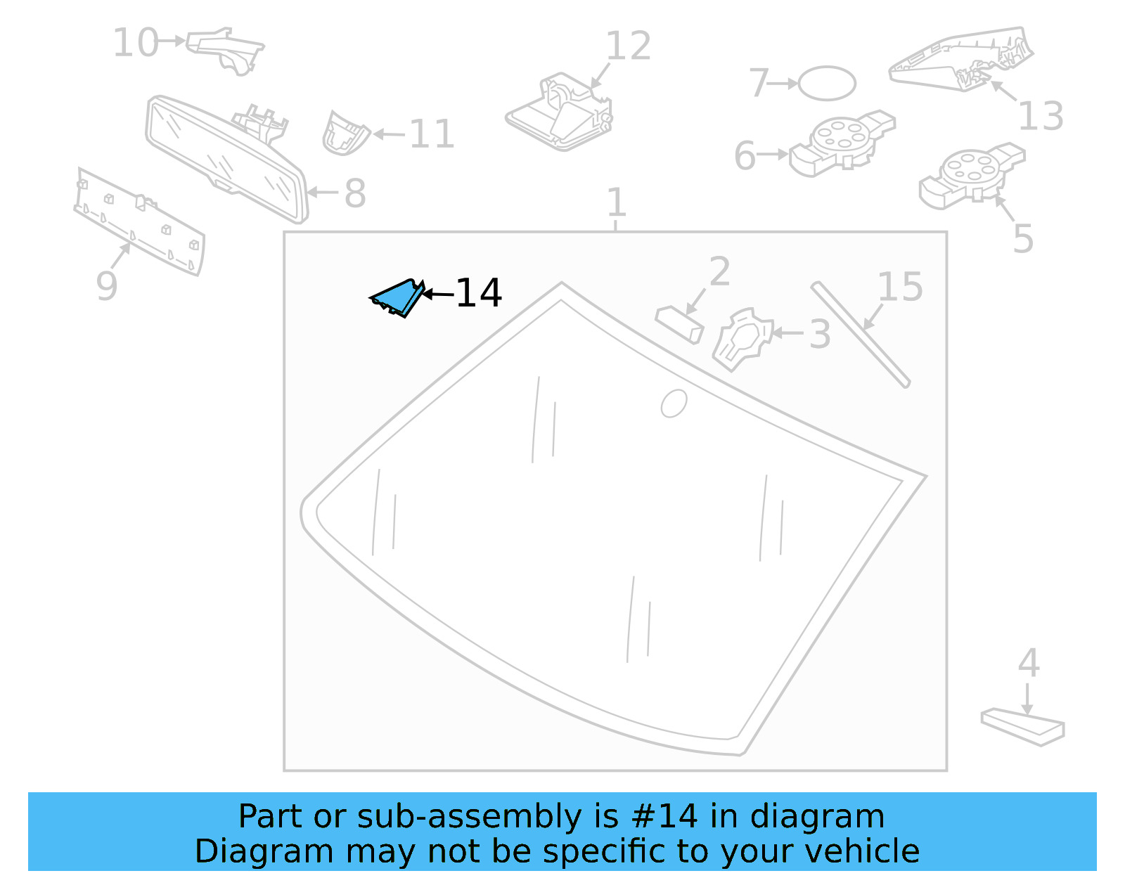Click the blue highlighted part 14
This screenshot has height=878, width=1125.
click(x=397, y=298)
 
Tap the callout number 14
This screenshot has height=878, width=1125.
click(x=478, y=293)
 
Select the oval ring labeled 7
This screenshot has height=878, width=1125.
click(x=827, y=83)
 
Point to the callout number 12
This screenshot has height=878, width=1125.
click(x=628, y=46)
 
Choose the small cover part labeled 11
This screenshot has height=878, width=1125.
click(x=345, y=134)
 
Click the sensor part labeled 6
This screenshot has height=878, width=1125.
click(x=842, y=143)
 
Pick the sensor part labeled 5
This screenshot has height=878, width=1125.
click(x=972, y=176)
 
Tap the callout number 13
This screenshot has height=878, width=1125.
click(x=1041, y=115)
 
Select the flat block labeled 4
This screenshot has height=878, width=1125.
click(x=1023, y=726)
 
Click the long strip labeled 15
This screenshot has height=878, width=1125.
click(x=861, y=335)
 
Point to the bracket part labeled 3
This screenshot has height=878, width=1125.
click(x=743, y=340)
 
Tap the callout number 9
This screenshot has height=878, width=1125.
click(x=107, y=285)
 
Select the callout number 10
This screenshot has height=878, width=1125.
click(x=136, y=42)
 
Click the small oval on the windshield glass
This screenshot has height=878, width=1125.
click(x=674, y=403)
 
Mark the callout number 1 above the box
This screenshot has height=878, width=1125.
click(x=616, y=202)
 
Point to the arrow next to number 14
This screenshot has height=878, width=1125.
click(x=438, y=294)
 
